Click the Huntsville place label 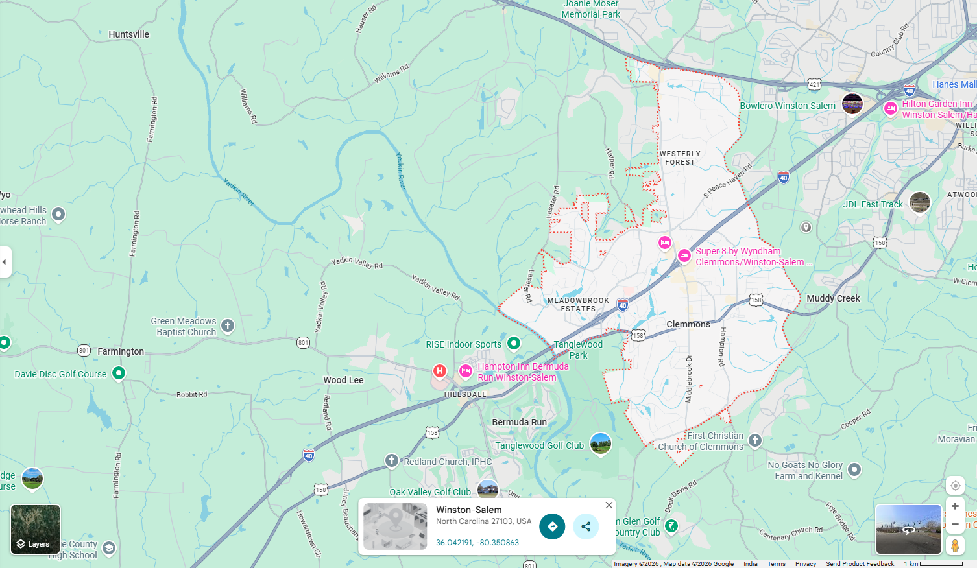point(128,34)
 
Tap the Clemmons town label point(688,324)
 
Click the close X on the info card point(609,505)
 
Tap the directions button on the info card point(552,527)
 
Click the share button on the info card point(586,527)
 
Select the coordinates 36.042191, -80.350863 point(477,543)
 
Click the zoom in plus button point(955,506)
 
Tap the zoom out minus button point(955,524)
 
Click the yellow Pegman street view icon point(955,546)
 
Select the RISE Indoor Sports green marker point(514,343)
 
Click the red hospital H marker point(440,371)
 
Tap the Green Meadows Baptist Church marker point(228,325)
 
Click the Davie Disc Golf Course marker point(119,373)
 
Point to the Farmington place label point(121,351)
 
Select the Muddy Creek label point(833,298)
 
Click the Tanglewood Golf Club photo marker point(601,444)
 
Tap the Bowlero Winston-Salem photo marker point(852,103)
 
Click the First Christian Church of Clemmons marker point(755,440)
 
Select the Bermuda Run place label point(519,422)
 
